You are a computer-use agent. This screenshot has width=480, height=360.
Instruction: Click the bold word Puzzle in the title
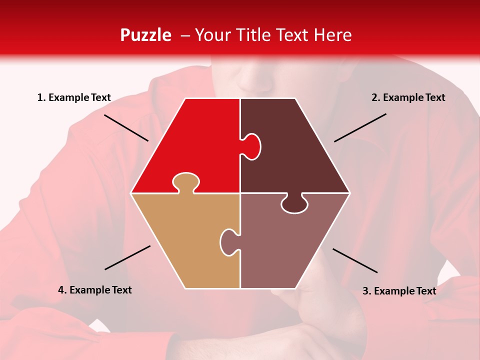[145, 35]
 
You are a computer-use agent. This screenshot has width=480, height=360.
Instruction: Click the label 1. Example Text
[74, 97]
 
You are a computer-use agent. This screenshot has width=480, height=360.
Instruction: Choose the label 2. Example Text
[408, 97]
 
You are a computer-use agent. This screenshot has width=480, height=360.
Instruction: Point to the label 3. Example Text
[399, 291]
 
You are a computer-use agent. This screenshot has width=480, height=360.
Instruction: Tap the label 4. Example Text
[95, 290]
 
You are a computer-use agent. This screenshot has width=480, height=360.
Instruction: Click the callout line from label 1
[126, 127]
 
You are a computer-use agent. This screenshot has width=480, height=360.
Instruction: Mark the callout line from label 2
[360, 127]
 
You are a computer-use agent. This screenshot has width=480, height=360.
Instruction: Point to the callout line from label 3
[355, 260]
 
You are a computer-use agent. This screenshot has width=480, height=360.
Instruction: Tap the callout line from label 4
[127, 257]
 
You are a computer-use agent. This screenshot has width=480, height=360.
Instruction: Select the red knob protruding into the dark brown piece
[251, 146]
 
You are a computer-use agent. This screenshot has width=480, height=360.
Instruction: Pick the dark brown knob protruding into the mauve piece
[294, 204]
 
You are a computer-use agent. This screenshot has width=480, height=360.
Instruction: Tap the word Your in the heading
[212, 35]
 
